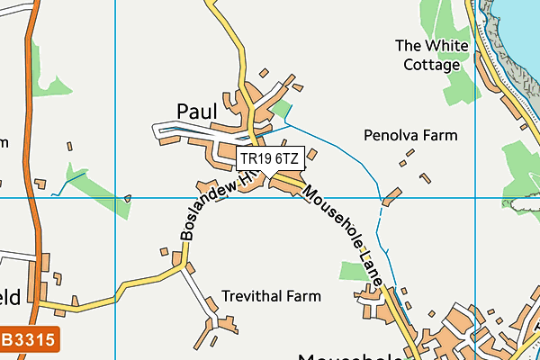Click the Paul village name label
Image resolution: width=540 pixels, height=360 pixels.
[197, 111]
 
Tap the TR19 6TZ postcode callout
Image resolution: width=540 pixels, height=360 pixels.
[270, 159]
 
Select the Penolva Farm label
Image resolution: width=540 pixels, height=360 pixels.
[410, 135]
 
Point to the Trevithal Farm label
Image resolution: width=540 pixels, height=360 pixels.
[271, 296]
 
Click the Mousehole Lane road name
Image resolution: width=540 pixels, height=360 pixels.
[345, 236]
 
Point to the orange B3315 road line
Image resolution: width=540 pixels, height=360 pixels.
[32, 180]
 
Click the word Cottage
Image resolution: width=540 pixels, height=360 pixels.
[431, 65]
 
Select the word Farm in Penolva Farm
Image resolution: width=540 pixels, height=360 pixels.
[438, 135]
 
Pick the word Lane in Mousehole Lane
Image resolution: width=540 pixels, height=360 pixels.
[373, 269]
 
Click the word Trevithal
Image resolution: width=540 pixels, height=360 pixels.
[253, 296]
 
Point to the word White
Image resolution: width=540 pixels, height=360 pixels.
[442, 45]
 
